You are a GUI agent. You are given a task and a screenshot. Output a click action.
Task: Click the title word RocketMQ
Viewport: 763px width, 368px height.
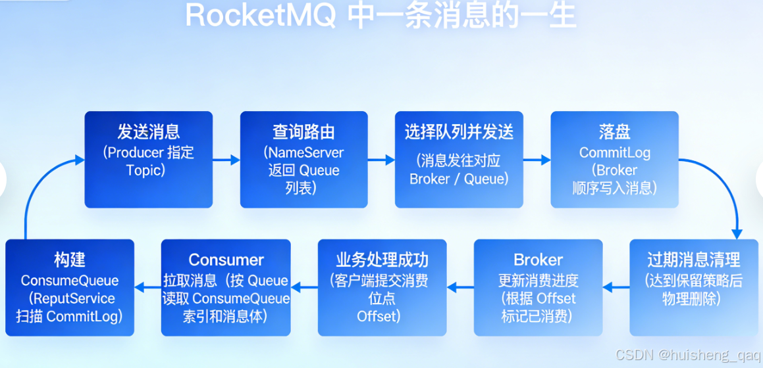point(261,16)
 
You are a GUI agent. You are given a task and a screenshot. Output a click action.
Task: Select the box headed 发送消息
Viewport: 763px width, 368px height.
point(149,159)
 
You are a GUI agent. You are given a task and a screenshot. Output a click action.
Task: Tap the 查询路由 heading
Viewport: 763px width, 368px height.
point(303,131)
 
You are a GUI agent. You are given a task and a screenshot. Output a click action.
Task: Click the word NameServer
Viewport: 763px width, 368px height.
point(304,152)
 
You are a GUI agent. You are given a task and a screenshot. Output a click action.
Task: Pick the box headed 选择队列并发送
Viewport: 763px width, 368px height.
point(459,159)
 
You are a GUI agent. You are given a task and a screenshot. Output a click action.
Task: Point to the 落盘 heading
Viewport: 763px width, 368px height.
point(614,131)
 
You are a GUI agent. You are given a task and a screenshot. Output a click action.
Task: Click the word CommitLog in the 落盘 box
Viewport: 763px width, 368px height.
point(614,152)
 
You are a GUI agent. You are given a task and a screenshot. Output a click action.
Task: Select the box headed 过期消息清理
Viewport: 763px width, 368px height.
point(693,287)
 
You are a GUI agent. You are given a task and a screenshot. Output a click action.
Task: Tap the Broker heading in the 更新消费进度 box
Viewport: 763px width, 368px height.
point(538,260)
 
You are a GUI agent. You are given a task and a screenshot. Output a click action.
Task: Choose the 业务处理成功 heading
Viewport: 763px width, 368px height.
point(382,260)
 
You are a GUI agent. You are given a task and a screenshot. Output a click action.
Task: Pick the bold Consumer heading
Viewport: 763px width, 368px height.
point(226,260)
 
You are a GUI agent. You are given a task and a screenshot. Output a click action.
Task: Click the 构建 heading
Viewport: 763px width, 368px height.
point(70,260)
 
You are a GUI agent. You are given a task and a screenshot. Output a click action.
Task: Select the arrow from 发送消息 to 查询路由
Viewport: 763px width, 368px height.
point(226,159)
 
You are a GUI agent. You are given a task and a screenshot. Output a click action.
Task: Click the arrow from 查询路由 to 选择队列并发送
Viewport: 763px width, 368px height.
point(381,159)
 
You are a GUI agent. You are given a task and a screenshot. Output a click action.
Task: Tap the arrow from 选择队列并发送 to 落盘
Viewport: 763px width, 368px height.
point(537,159)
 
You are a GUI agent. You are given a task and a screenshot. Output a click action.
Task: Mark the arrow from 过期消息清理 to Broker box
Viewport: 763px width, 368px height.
point(616,287)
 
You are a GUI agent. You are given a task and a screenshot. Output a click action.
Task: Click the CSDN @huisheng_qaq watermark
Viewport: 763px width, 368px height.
point(687,355)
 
